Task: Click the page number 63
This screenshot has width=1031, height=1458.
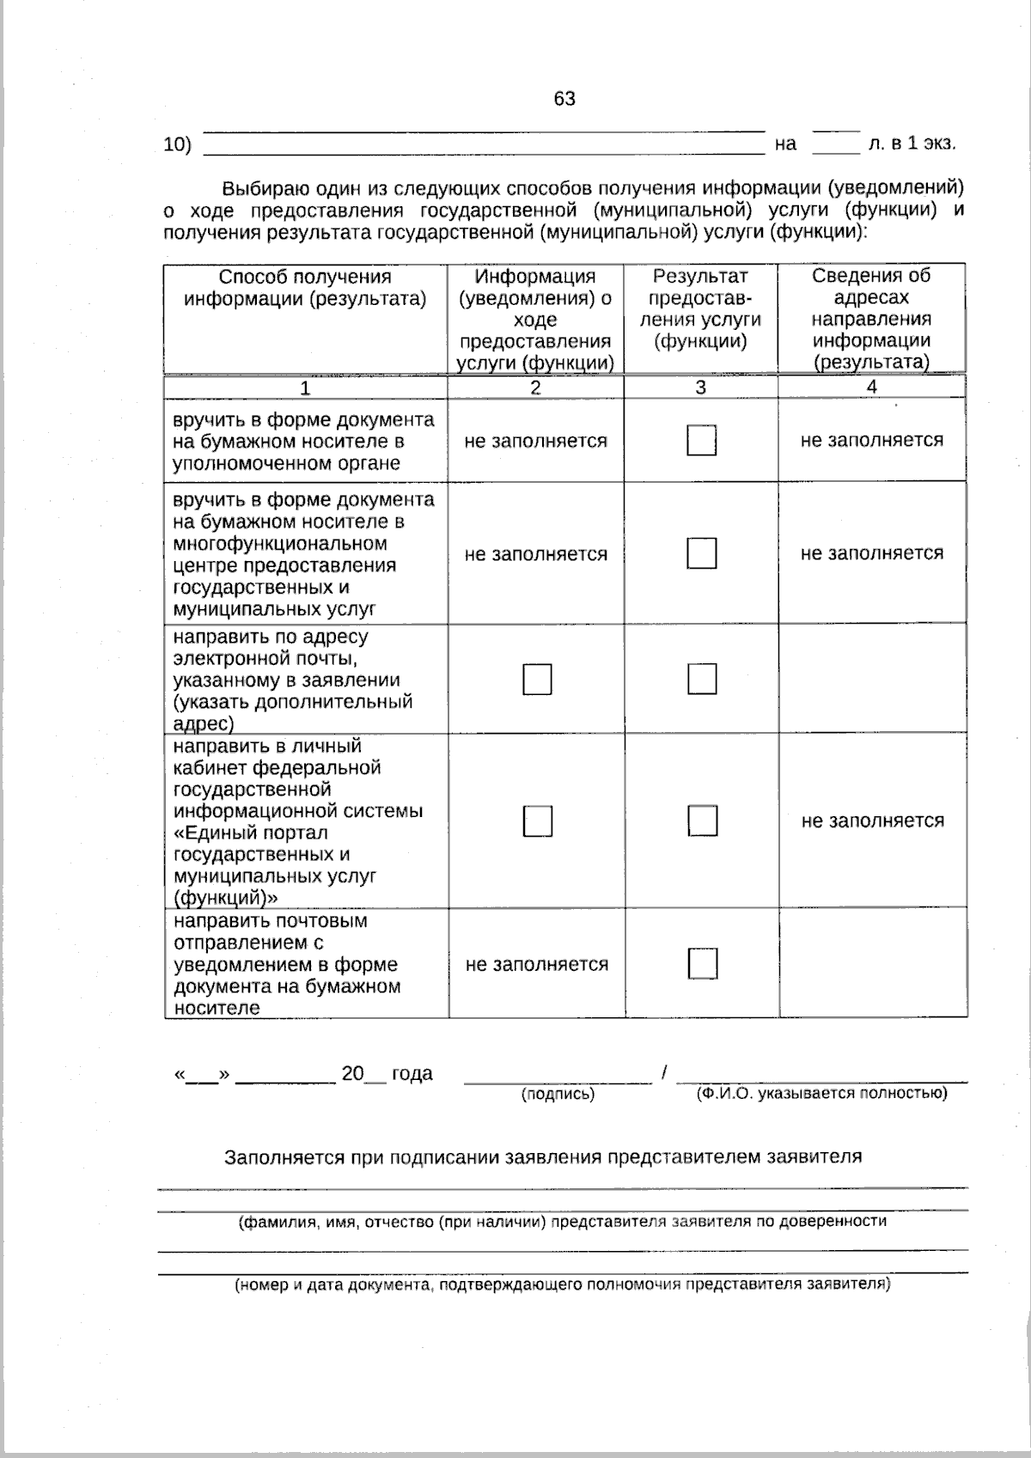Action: point(564,99)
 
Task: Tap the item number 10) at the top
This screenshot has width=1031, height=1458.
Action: point(177,144)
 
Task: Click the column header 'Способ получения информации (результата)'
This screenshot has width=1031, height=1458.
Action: point(305,288)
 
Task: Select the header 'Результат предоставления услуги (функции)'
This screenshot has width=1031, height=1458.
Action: point(700,308)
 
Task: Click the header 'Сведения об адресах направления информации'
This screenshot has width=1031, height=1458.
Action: point(871,319)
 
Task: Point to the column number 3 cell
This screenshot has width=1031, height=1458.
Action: point(700,387)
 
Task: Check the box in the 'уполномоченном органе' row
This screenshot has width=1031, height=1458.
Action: point(702,441)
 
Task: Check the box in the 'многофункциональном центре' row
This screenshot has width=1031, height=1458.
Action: point(702,553)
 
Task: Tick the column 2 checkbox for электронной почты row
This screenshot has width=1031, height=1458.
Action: point(537,680)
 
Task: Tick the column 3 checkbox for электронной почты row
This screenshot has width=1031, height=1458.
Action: point(702,679)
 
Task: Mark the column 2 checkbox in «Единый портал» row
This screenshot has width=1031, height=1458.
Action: point(537,821)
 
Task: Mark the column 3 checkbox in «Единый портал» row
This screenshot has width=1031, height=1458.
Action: point(702,821)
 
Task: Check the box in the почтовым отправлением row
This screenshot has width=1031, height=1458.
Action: point(702,963)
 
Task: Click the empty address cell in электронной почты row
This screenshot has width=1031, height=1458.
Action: point(871,679)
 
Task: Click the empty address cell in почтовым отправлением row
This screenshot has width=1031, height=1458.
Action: point(871,963)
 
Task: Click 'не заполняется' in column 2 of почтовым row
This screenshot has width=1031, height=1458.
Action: point(536,964)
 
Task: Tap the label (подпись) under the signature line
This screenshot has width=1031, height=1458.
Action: point(558,1095)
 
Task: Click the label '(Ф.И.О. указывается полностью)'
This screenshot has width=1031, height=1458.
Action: point(821,1093)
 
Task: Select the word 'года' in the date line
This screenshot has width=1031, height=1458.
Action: point(412,1074)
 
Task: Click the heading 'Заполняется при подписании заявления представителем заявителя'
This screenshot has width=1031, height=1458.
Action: point(543,1156)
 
